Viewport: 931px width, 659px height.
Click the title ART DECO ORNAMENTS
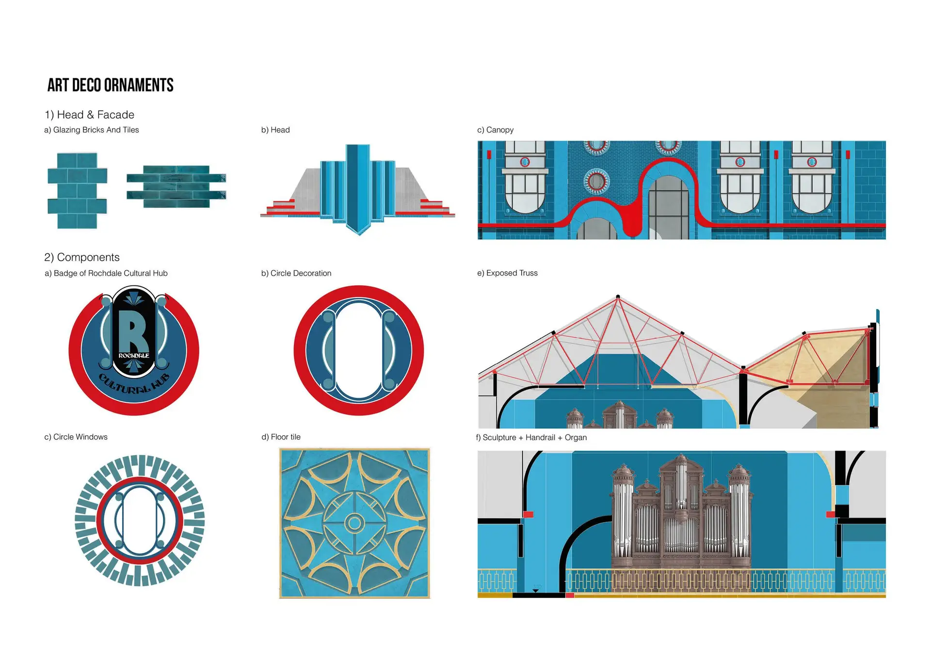(110, 85)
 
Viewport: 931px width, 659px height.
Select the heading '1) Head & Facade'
(89, 115)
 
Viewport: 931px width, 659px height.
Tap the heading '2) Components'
(81, 257)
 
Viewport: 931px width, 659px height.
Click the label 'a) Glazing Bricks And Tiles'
(91, 130)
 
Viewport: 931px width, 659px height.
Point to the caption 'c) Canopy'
(495, 130)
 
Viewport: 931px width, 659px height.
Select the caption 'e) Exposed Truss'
(507, 273)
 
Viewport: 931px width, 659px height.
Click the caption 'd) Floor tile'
(281, 437)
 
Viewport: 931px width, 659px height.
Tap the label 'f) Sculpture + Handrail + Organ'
(531, 438)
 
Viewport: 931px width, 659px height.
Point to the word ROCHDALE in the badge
(134, 356)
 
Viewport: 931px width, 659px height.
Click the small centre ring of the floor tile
(354, 523)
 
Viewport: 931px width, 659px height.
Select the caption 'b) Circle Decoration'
(296, 274)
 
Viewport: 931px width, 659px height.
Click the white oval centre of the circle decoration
(359, 351)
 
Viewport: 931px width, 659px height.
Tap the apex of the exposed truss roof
(618, 297)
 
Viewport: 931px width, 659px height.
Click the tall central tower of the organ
(681, 485)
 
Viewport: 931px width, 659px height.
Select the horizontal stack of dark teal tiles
(176, 187)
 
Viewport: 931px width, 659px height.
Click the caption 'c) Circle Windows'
(76, 437)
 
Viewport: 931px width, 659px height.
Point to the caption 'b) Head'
(275, 130)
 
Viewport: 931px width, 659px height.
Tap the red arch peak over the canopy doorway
(668, 161)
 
